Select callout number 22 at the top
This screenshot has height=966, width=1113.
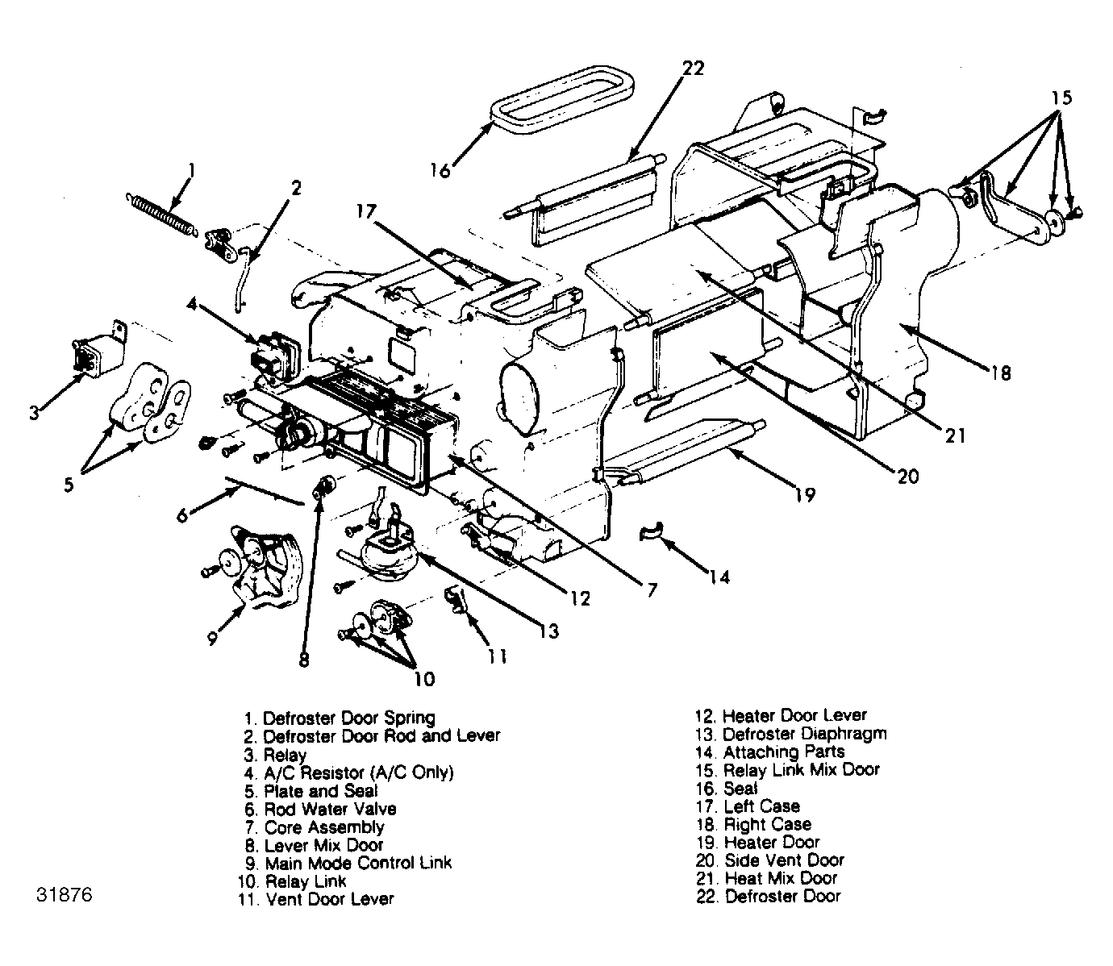[x=693, y=68]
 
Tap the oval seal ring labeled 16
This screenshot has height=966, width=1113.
[x=562, y=99]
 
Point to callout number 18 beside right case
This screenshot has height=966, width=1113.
[x=1002, y=373]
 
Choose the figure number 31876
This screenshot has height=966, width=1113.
[x=65, y=895]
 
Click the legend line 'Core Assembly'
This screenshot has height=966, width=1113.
[x=315, y=827]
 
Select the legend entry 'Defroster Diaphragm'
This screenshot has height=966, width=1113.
[x=791, y=734]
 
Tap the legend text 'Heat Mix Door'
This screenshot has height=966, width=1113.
[x=766, y=878]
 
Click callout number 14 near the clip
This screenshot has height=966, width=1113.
[x=720, y=577]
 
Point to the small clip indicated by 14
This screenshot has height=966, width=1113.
[x=651, y=531]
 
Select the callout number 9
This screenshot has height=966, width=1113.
[x=213, y=638]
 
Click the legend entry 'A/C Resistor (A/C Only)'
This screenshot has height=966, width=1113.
[x=348, y=773]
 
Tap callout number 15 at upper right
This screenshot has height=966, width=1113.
[x=1061, y=98]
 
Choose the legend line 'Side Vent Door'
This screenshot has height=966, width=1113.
[x=769, y=860]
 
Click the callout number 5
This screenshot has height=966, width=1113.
[x=69, y=484]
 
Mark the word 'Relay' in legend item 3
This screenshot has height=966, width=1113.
[x=285, y=755]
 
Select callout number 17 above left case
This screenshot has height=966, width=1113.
[x=366, y=211]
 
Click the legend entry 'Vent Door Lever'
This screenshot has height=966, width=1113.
[x=315, y=899]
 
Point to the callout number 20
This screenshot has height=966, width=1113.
[x=907, y=477]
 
